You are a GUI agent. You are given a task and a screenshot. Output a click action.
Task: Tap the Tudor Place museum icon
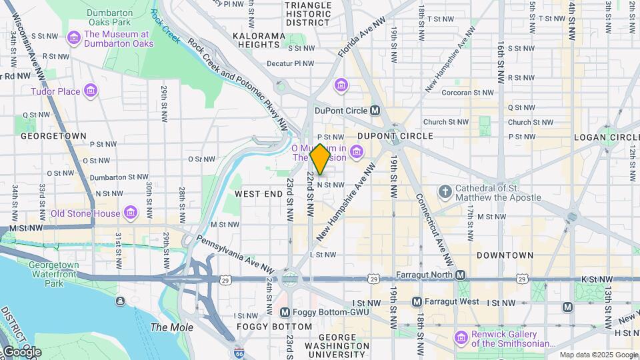click(x=91, y=91)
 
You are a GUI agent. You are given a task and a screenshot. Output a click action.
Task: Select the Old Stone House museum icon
click(x=131, y=213)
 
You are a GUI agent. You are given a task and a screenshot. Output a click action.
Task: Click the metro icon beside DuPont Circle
click(x=375, y=110)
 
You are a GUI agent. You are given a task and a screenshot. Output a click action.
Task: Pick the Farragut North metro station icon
click(x=460, y=275)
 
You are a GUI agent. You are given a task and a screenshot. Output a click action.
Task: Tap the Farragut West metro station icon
click(x=417, y=302)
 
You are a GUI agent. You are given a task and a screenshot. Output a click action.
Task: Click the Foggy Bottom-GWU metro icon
click(x=285, y=312)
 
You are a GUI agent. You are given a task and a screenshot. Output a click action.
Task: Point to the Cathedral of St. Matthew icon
click(x=445, y=193)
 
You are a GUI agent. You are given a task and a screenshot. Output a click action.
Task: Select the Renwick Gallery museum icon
click(x=461, y=338)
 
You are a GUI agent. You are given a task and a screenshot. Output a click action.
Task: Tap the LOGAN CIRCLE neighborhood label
click(x=607, y=137)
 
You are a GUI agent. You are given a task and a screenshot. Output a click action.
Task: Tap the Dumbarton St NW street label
click(x=117, y=177)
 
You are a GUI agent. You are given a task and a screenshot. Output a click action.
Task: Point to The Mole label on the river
click(x=171, y=327)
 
